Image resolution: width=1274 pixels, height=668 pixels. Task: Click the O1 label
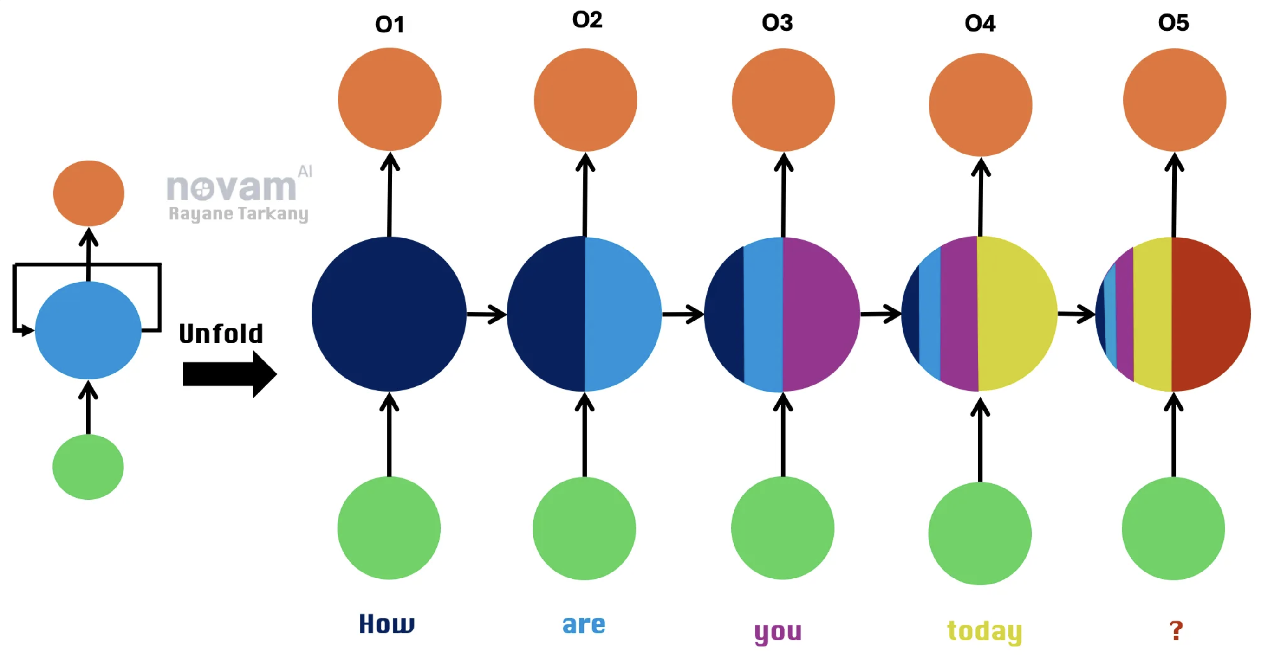pyautogui.click(x=389, y=24)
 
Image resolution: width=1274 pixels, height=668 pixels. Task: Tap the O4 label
pyautogui.click(x=980, y=23)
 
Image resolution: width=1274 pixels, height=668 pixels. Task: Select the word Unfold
pyautogui.click(x=221, y=334)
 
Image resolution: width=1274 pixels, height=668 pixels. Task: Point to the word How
pyautogui.click(x=387, y=623)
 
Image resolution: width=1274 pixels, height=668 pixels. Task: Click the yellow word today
pyautogui.click(x=984, y=631)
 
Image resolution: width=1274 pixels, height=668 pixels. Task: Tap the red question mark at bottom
pyautogui.click(x=1176, y=630)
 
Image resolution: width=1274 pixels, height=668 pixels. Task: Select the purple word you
pyautogui.click(x=778, y=632)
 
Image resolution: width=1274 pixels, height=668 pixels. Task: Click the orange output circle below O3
pyautogui.click(x=783, y=100)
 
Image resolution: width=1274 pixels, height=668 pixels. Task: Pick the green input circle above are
pyautogui.click(x=584, y=528)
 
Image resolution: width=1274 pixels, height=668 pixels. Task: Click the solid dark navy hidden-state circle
pyautogui.click(x=389, y=314)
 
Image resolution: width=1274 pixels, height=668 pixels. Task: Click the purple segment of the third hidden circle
pyautogui.click(x=819, y=314)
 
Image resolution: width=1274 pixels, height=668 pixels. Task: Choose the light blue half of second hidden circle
pyautogui.click(x=621, y=314)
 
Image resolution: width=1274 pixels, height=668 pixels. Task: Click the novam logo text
pyautogui.click(x=232, y=188)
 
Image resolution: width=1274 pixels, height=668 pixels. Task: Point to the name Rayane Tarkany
pyautogui.click(x=238, y=213)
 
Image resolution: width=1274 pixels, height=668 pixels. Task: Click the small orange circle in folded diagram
pyautogui.click(x=89, y=193)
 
